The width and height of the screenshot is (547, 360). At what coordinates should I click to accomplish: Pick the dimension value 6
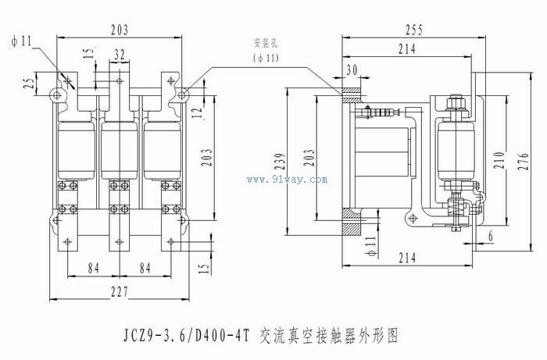(x=490, y=236)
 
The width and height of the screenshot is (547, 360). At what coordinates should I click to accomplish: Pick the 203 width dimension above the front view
(x=120, y=30)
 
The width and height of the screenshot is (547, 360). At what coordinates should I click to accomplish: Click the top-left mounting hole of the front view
(x=57, y=94)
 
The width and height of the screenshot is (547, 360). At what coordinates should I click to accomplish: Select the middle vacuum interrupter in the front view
(x=119, y=148)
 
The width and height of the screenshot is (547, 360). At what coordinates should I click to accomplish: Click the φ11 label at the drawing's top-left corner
(x=21, y=41)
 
